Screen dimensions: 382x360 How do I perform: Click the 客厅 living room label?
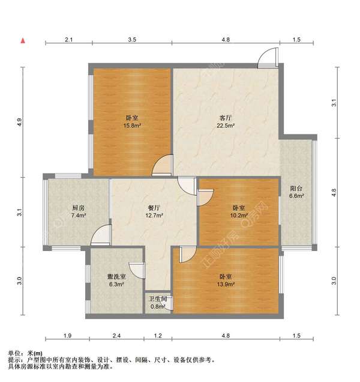[x=226, y=118]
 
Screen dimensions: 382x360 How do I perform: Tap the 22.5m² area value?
[x=226, y=126]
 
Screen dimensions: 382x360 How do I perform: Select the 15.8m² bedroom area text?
[x=132, y=126]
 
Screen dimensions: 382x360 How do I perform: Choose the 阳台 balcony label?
[x=297, y=187]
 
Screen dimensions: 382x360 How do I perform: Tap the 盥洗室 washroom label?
[x=116, y=277]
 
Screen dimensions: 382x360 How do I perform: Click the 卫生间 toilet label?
[x=158, y=299]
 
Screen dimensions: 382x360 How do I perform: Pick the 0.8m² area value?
[x=158, y=306]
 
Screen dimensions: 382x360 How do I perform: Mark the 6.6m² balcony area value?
[x=297, y=195]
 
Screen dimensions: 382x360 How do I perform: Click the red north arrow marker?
[x=23, y=41]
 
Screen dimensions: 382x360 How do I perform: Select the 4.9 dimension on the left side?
[x=20, y=122]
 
